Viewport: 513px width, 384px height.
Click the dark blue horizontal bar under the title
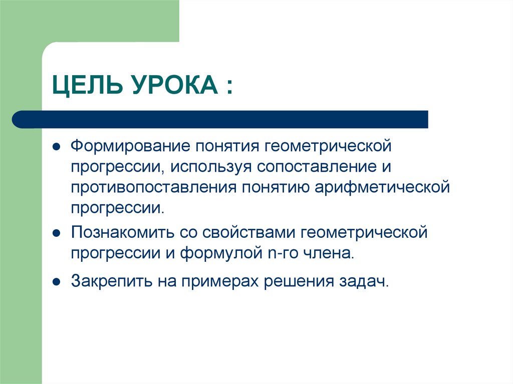[220, 119]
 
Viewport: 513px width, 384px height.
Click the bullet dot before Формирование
[57, 148]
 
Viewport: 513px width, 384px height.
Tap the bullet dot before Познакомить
[57, 233]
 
